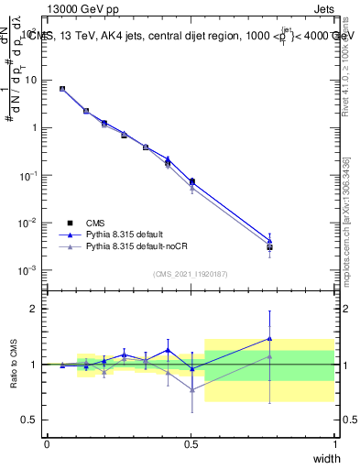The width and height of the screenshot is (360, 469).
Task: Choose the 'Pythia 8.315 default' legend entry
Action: click(128, 234)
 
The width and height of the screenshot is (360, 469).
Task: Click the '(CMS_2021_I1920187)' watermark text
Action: click(191, 274)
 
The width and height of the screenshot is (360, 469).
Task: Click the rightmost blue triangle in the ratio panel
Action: click(269, 338)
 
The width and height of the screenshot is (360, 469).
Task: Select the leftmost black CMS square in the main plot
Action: click(61, 89)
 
